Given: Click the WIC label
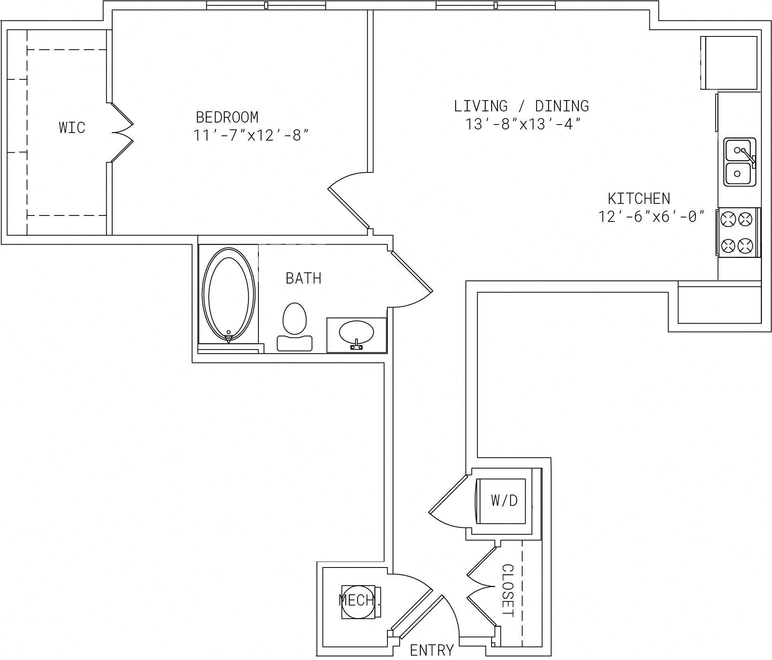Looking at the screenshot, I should pyautogui.click(x=72, y=128).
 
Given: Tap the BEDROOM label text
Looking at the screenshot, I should pyautogui.click(x=227, y=117).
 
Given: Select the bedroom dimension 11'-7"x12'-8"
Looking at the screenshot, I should pyautogui.click(x=251, y=135).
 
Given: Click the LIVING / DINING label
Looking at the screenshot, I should pyautogui.click(x=521, y=106).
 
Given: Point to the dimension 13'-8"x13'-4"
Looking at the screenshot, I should pyautogui.click(x=523, y=124).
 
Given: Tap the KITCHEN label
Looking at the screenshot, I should pyautogui.click(x=639, y=199).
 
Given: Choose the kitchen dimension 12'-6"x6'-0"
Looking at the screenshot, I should pyautogui.click(x=651, y=217).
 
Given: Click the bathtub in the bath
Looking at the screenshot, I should pyautogui.click(x=229, y=296).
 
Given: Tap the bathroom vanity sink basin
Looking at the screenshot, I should pyautogui.click(x=356, y=332).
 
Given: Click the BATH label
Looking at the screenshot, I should pyautogui.click(x=303, y=278).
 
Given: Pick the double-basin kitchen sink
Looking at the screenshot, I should pyautogui.click(x=739, y=162).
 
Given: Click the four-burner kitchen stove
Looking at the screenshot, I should pyautogui.click(x=738, y=232).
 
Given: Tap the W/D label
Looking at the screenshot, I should pyautogui.click(x=504, y=500).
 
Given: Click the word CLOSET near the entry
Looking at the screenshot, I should pyautogui.click(x=508, y=590).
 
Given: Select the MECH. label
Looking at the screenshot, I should pyautogui.click(x=359, y=600).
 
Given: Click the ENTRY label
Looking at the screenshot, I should pyautogui.click(x=432, y=650).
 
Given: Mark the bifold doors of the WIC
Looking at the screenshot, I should pyautogui.click(x=122, y=133).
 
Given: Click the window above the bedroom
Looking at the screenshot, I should pyautogui.click(x=266, y=5).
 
